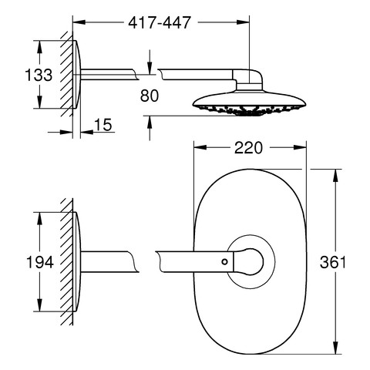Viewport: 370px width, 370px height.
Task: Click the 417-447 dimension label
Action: pyautogui.click(x=160, y=22)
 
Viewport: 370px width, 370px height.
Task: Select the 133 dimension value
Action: pyautogui.click(x=39, y=75)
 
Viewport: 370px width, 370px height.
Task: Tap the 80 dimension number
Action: pyautogui.click(x=150, y=96)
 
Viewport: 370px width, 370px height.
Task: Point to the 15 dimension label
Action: pyautogui.click(x=103, y=125)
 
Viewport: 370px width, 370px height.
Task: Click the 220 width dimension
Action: pyautogui.click(x=248, y=148)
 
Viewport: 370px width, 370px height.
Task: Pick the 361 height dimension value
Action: pyautogui.click(x=333, y=262)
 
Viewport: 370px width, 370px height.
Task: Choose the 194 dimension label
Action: pyautogui.click(x=40, y=262)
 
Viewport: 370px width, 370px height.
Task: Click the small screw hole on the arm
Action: pyautogui.click(x=225, y=261)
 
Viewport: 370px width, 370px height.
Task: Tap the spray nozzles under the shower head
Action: pyautogui.click(x=249, y=109)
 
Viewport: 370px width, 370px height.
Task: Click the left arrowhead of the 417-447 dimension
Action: pyautogui.click(x=79, y=22)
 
